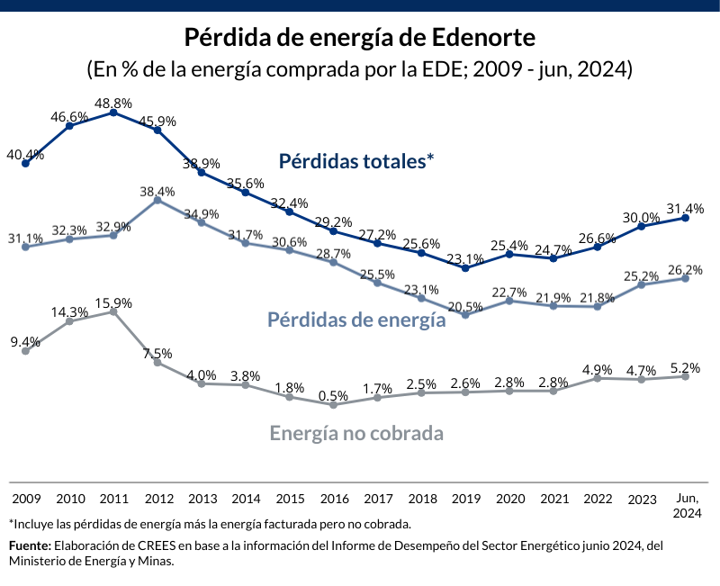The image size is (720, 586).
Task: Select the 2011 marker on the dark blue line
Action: click(113, 113)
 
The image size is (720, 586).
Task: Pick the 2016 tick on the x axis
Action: click(335, 498)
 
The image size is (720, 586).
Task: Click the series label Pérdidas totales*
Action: click(356, 161)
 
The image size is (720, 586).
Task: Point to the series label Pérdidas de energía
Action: click(356, 320)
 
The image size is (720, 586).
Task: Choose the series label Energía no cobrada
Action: click(356, 433)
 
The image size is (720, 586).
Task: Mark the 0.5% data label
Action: click(334, 396)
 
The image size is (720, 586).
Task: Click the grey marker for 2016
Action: click(334, 405)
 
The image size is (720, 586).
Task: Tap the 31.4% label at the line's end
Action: click(687, 208)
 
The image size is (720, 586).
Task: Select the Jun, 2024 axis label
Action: click(687, 505)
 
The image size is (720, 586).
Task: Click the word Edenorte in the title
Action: click(484, 38)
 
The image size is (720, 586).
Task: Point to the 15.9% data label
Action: click(114, 302)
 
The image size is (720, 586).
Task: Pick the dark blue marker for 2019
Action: click(465, 267)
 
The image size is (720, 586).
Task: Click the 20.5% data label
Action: click(465, 306)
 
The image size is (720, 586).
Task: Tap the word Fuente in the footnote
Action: click(30, 545)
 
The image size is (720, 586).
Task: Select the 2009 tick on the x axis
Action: click(26, 498)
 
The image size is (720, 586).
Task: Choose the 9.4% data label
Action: click(25, 342)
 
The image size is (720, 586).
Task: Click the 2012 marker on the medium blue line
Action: click(157, 200)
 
